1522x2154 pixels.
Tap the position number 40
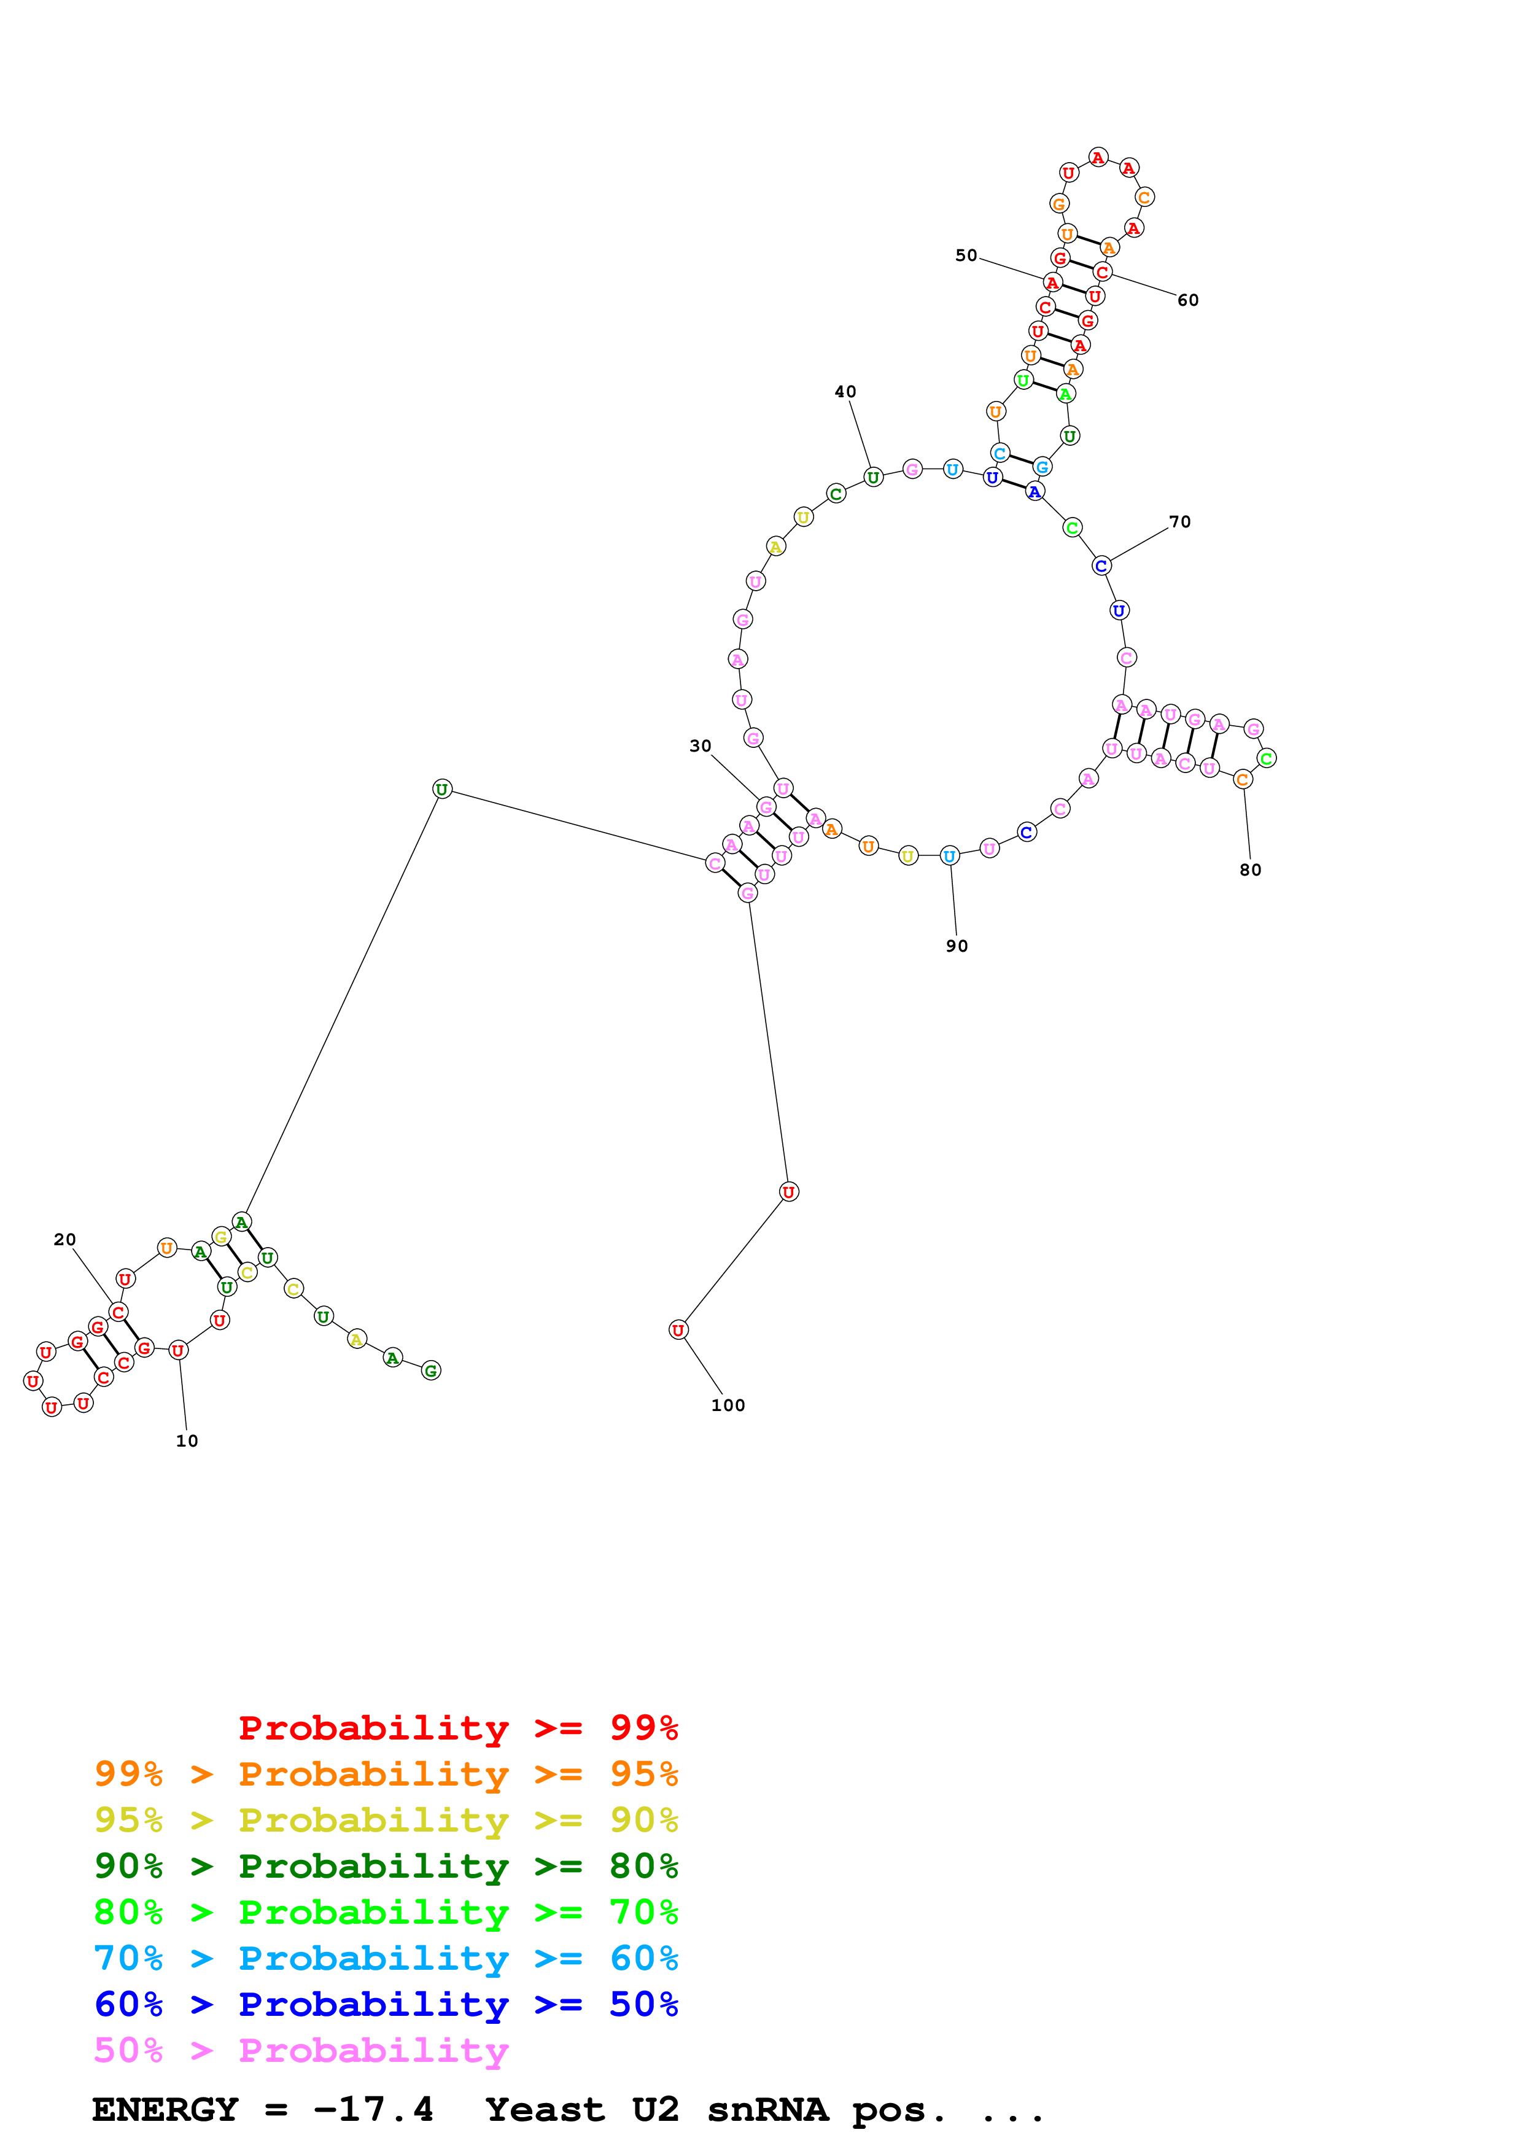(x=845, y=392)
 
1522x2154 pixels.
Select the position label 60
(x=1187, y=300)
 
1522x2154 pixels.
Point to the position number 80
(x=1250, y=869)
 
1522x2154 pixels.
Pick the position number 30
(x=701, y=746)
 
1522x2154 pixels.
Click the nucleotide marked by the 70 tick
(x=1101, y=566)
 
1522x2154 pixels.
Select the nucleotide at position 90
(x=950, y=855)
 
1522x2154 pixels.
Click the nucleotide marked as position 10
(x=178, y=1351)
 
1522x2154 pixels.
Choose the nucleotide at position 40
(x=873, y=478)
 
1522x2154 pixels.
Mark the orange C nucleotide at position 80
(x=1243, y=780)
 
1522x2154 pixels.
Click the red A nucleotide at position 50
(x=1052, y=282)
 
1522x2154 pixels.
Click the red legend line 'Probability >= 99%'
(x=457, y=1728)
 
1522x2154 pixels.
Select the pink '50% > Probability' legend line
(x=301, y=2051)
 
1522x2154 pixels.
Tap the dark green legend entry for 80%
(x=386, y=1866)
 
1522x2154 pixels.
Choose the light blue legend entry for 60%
(x=386, y=1959)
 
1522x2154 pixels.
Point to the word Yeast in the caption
(x=545, y=2110)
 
